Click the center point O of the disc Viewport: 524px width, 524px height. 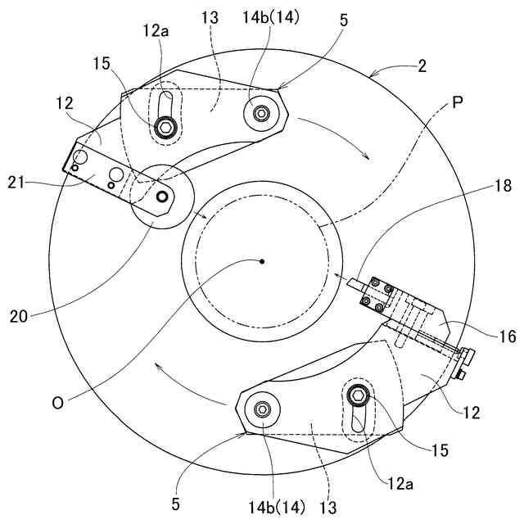[x=261, y=262]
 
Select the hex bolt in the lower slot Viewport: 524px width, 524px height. [x=358, y=396]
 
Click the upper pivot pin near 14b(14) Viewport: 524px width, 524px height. [x=260, y=114]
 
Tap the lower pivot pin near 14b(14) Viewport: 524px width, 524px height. [x=264, y=410]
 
